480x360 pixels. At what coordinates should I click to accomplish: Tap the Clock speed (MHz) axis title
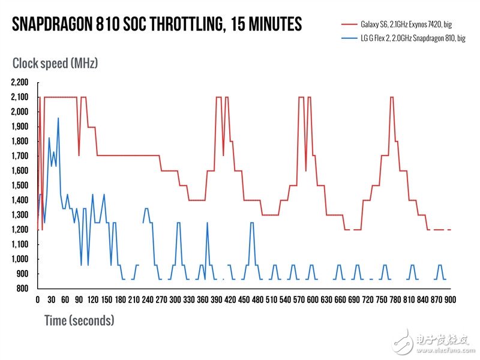[x=55, y=62]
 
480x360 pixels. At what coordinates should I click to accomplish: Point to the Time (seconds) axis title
[x=79, y=320]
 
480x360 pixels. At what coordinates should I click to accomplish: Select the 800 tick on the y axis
[x=23, y=289]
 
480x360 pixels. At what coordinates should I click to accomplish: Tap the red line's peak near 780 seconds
[x=392, y=97]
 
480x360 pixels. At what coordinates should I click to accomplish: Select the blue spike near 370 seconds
[x=207, y=223]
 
